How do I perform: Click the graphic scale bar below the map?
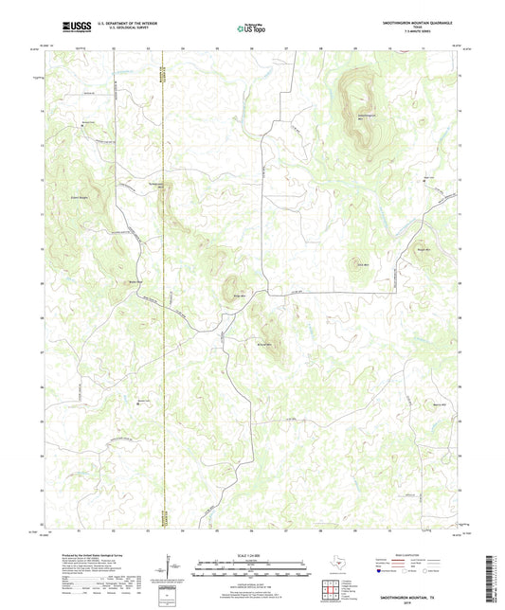(251, 566)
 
